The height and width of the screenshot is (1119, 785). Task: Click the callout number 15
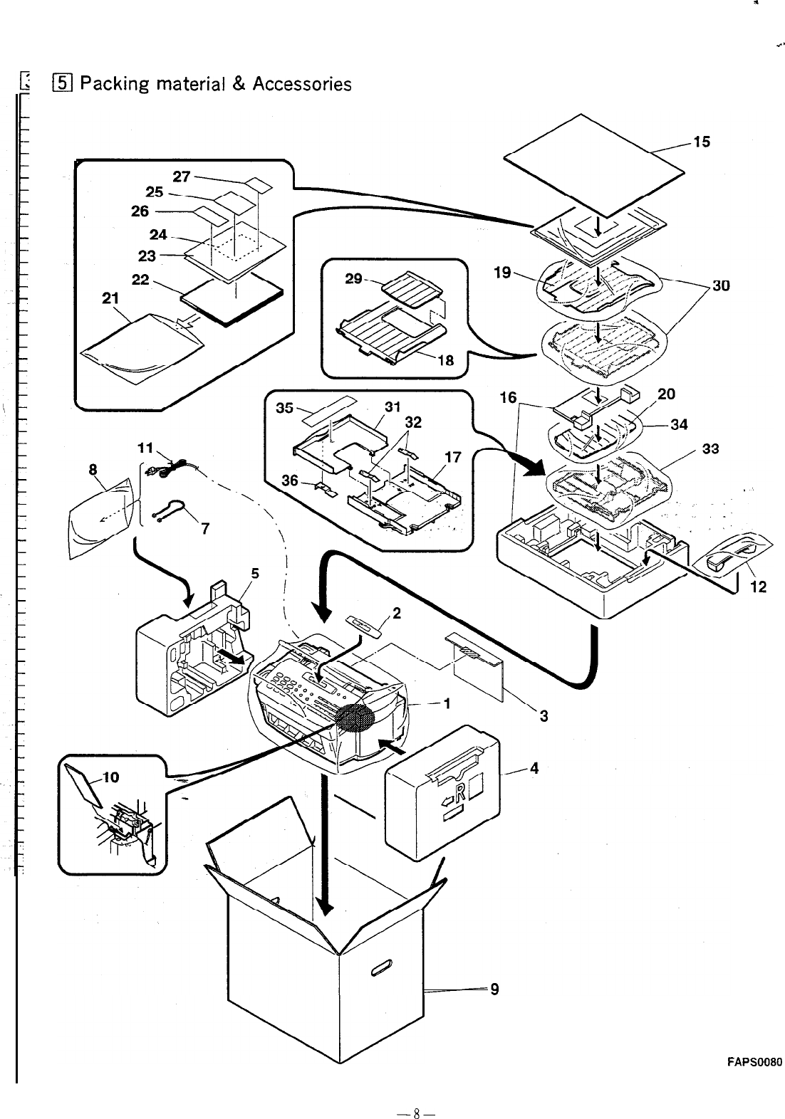[x=702, y=142]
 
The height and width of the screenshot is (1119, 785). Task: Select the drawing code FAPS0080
[x=754, y=1063]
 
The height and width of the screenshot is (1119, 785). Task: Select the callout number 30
[x=720, y=286]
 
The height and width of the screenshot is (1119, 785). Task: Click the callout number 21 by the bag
[x=110, y=299]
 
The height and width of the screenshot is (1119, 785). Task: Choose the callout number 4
[x=534, y=768]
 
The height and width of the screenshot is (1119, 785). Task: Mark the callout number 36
[x=290, y=480]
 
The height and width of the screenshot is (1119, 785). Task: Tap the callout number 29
[x=353, y=278]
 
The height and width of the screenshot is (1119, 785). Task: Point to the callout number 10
[x=110, y=777]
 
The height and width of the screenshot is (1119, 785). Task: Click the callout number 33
[x=710, y=448]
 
